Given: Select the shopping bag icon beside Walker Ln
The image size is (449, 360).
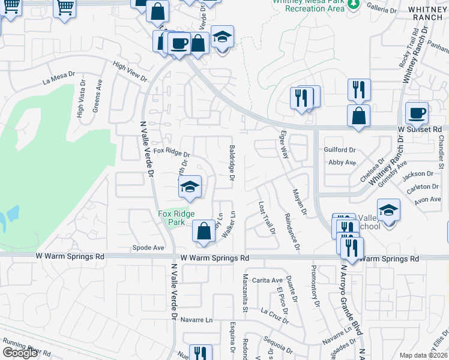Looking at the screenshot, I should (204, 231).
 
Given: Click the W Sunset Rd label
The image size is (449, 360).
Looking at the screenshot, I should (420, 128).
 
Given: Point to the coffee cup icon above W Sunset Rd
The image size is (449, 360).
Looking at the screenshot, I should (417, 113).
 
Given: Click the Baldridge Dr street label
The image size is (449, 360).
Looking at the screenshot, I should (232, 163).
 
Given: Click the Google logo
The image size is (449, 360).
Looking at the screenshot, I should (20, 353).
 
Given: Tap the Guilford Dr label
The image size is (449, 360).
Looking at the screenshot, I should (340, 150).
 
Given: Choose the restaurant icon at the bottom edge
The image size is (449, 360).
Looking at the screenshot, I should (200, 353).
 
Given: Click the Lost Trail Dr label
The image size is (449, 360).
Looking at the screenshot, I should (266, 218).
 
